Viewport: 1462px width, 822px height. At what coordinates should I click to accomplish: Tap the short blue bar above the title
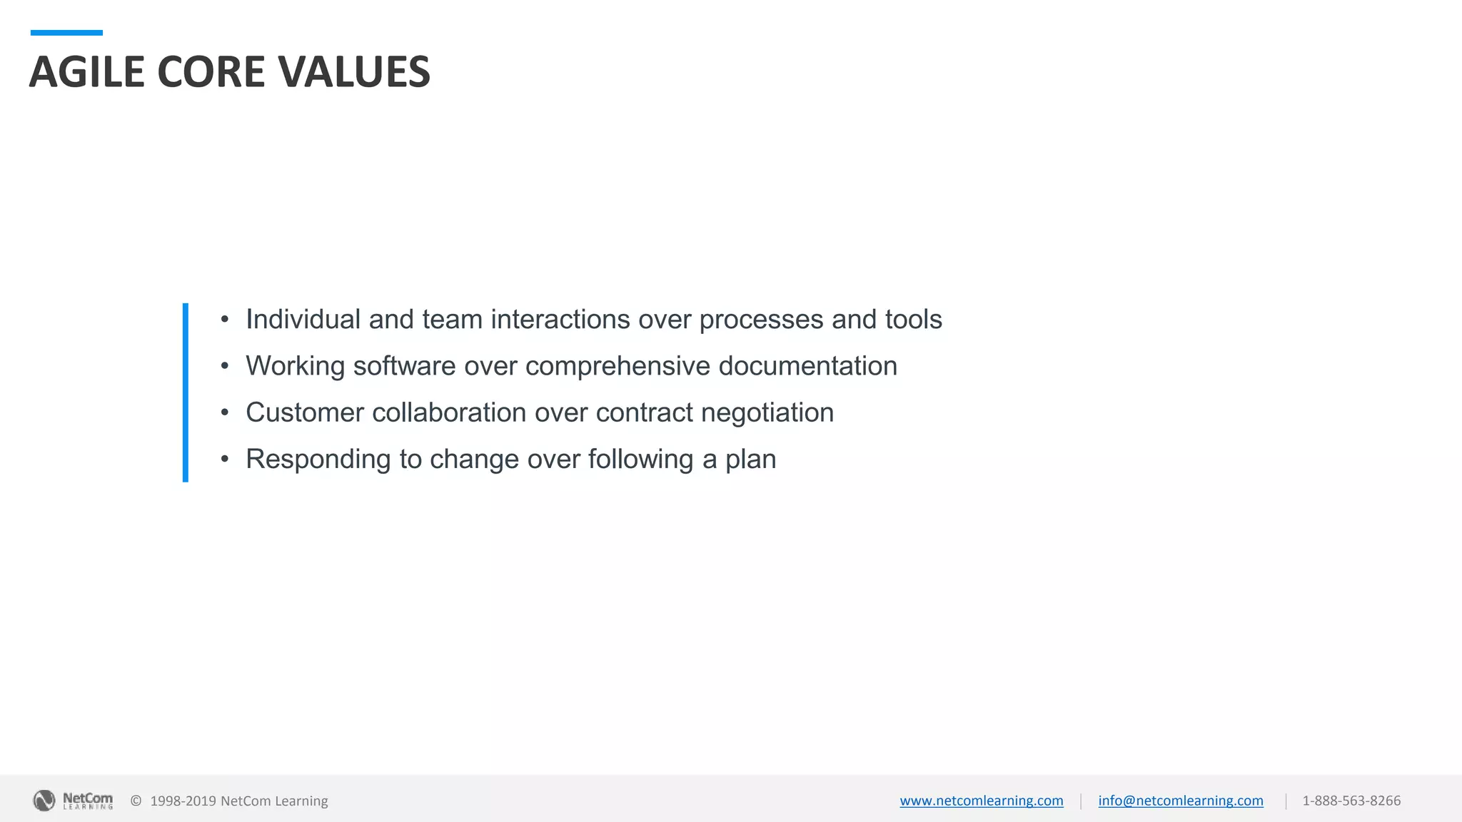click(66, 33)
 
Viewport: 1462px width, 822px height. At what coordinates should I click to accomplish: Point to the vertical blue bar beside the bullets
click(186, 392)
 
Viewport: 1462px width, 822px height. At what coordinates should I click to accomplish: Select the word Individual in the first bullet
click(303, 319)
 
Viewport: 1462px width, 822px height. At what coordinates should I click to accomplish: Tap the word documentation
click(807, 366)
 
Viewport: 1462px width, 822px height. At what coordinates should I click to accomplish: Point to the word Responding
click(318, 460)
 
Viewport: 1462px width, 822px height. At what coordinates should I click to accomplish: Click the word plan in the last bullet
click(750, 460)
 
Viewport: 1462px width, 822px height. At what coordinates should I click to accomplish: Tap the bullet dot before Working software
click(225, 366)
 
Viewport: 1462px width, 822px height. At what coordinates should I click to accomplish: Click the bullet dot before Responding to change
click(225, 459)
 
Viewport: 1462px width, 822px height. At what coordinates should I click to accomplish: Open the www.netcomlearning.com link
click(981, 801)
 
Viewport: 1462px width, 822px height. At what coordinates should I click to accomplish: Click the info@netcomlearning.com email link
click(1180, 801)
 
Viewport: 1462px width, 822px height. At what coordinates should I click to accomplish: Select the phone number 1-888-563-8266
click(1351, 801)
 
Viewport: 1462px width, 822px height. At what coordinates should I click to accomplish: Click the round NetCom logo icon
click(44, 801)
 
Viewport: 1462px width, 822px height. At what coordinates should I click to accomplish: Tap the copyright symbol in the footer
click(136, 801)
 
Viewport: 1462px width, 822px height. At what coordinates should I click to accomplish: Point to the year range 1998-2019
click(183, 801)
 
